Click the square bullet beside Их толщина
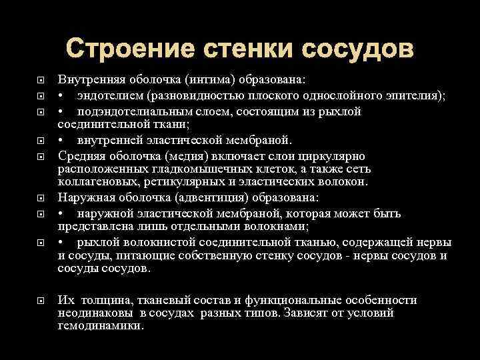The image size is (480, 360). pyautogui.click(x=41, y=300)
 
